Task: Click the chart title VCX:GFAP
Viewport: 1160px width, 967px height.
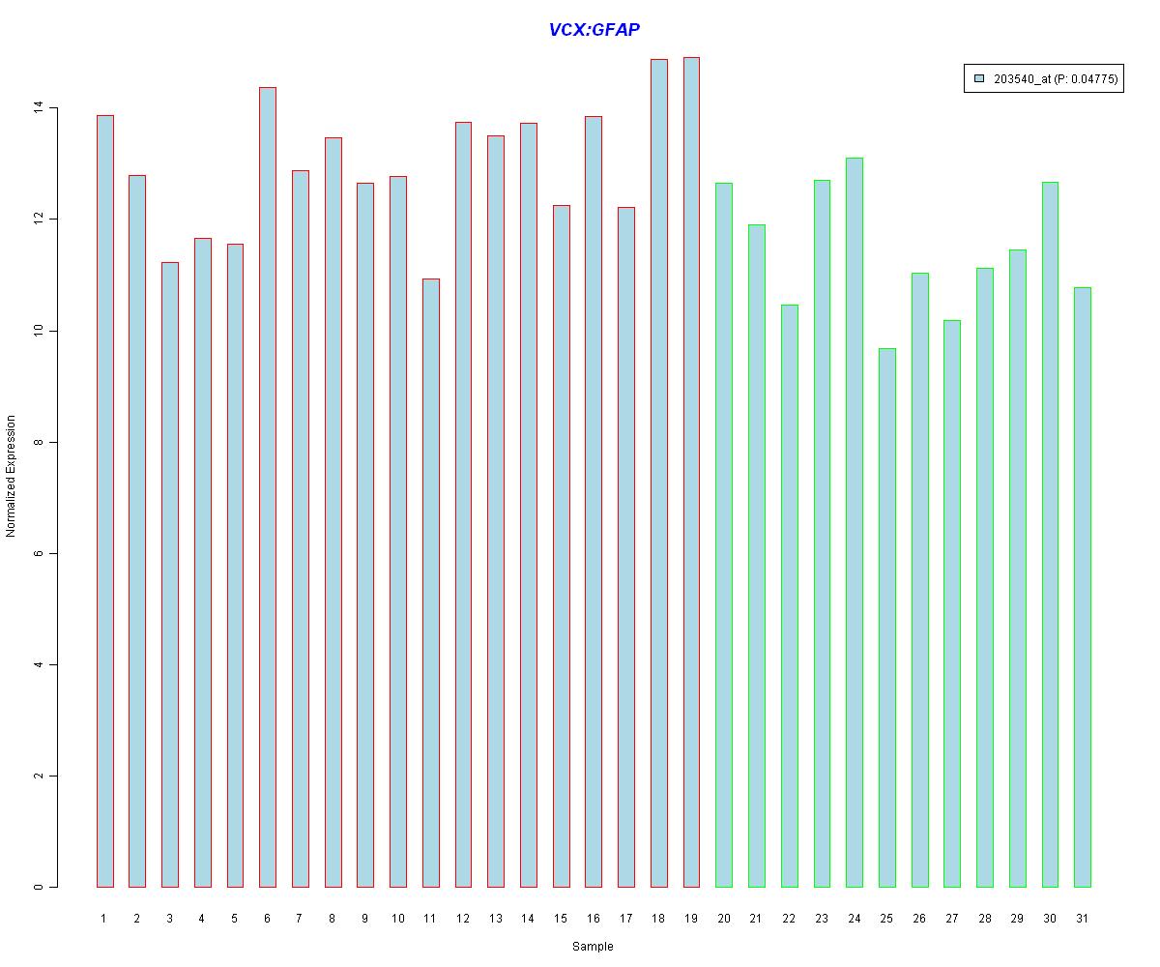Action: [x=594, y=30]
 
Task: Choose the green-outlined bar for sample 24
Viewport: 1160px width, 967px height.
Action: [x=855, y=522]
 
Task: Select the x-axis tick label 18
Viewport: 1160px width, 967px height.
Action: [x=658, y=918]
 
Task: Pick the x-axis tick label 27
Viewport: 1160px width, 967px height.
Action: [x=952, y=918]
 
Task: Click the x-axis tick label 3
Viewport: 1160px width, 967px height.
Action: [x=169, y=918]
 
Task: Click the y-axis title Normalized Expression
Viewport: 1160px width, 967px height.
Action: [x=12, y=476]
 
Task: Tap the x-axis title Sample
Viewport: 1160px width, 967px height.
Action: [x=593, y=947]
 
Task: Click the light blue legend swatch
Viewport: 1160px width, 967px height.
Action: [x=979, y=79]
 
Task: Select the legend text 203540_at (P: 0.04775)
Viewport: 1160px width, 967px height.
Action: [x=1055, y=79]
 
